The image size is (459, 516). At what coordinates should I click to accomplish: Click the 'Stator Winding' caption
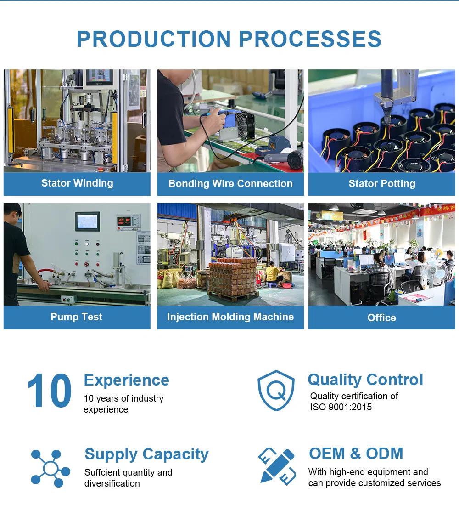point(77,183)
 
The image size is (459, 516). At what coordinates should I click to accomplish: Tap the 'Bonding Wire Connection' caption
point(230,184)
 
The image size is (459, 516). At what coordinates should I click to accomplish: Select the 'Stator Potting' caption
point(382,184)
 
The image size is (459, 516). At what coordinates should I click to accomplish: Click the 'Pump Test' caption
point(76,317)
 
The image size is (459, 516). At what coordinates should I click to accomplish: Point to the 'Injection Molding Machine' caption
point(230,317)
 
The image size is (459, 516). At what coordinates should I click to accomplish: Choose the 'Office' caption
point(382,318)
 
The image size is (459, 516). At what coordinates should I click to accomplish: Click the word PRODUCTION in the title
point(154,39)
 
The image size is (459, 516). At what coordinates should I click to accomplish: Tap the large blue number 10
point(49,391)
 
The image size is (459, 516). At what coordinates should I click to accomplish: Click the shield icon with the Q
point(276,391)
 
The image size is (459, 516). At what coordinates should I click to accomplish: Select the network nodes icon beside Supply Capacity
point(50,468)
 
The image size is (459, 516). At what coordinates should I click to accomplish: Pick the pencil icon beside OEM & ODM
point(277,466)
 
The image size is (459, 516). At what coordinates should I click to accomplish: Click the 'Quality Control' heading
point(365,380)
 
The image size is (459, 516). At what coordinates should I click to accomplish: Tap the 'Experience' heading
point(127,380)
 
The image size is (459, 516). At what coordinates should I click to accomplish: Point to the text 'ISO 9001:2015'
point(341,407)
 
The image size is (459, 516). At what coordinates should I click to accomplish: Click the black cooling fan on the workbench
point(244,125)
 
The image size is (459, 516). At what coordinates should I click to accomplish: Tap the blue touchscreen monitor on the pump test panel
point(88,221)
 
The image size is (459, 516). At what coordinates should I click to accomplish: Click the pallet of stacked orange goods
point(232,278)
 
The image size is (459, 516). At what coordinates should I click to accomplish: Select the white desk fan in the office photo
point(433,273)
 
